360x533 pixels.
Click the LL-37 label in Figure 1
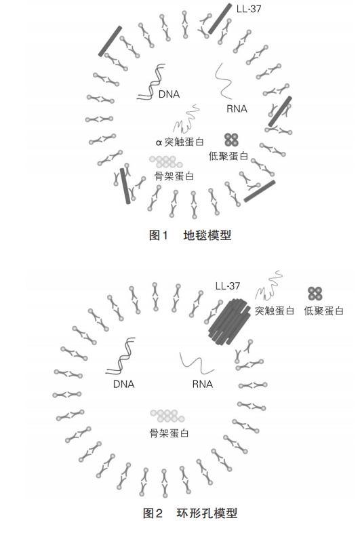[249, 9]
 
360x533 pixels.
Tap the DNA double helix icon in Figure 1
[151, 81]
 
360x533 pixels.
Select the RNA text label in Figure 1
[237, 108]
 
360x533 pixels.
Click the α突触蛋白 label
[180, 142]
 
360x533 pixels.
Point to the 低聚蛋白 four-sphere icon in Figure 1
[231, 140]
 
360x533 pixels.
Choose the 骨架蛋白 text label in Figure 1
[174, 176]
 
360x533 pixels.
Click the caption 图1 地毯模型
[191, 235]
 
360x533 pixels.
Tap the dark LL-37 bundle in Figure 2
[228, 321]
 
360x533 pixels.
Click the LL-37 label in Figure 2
[227, 286]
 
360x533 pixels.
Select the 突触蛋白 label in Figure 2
[275, 311]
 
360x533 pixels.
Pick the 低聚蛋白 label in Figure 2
[323, 311]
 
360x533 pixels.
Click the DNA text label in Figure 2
[124, 384]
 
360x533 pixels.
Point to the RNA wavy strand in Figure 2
[197, 363]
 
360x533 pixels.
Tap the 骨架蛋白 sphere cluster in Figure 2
[167, 416]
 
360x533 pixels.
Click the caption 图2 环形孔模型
[191, 513]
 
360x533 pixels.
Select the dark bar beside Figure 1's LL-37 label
[220, 19]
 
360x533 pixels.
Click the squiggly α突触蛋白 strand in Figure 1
[186, 119]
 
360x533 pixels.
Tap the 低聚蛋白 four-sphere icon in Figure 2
[315, 294]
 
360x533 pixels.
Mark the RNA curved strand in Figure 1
[224, 81]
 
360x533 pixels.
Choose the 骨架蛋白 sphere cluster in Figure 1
[166, 162]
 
